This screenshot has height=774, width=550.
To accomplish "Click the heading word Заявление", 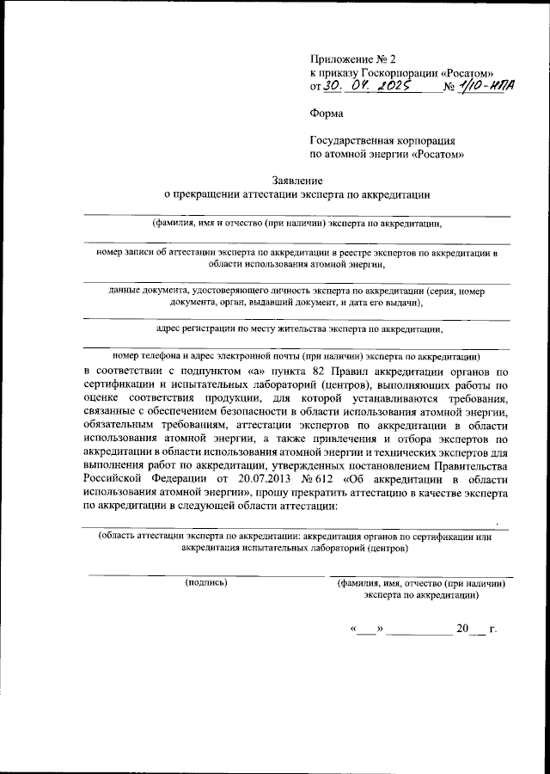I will (x=296, y=181).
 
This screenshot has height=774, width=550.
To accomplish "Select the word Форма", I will (x=325, y=113).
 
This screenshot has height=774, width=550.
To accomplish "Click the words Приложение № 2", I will (x=352, y=58).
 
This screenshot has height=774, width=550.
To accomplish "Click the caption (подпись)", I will (x=206, y=582).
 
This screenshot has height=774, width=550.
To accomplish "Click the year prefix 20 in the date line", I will (x=464, y=629).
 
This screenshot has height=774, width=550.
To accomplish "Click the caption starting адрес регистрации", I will (x=299, y=328).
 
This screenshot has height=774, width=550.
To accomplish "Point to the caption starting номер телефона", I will (x=296, y=355).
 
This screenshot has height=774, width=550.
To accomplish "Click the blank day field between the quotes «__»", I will (x=366, y=630).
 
